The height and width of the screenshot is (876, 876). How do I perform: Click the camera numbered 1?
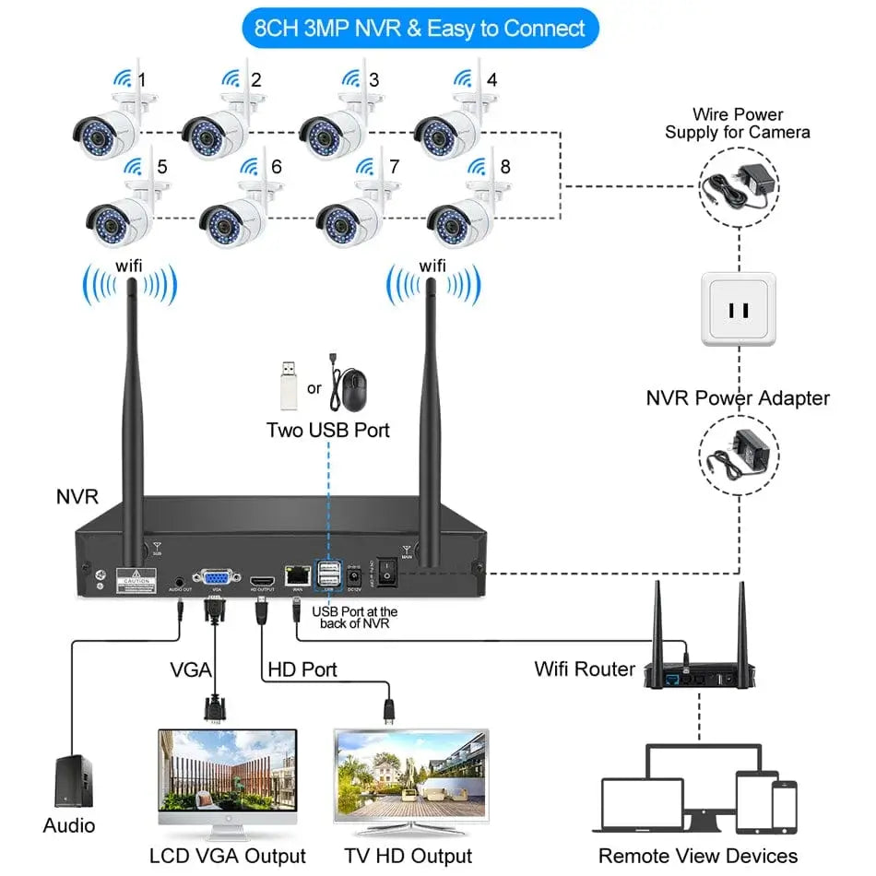(106, 127)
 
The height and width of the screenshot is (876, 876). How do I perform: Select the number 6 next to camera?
(276, 168)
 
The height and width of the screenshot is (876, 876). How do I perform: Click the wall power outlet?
(739, 309)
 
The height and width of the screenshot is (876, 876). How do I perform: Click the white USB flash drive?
(290, 385)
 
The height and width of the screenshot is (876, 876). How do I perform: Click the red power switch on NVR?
(388, 574)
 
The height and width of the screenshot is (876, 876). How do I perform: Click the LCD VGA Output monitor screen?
(228, 771)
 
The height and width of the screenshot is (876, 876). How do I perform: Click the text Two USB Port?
(328, 430)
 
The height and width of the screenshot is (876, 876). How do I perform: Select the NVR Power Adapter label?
(738, 398)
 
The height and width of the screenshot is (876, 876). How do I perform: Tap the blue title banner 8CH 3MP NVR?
(420, 28)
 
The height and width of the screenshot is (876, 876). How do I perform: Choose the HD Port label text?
(302, 669)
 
